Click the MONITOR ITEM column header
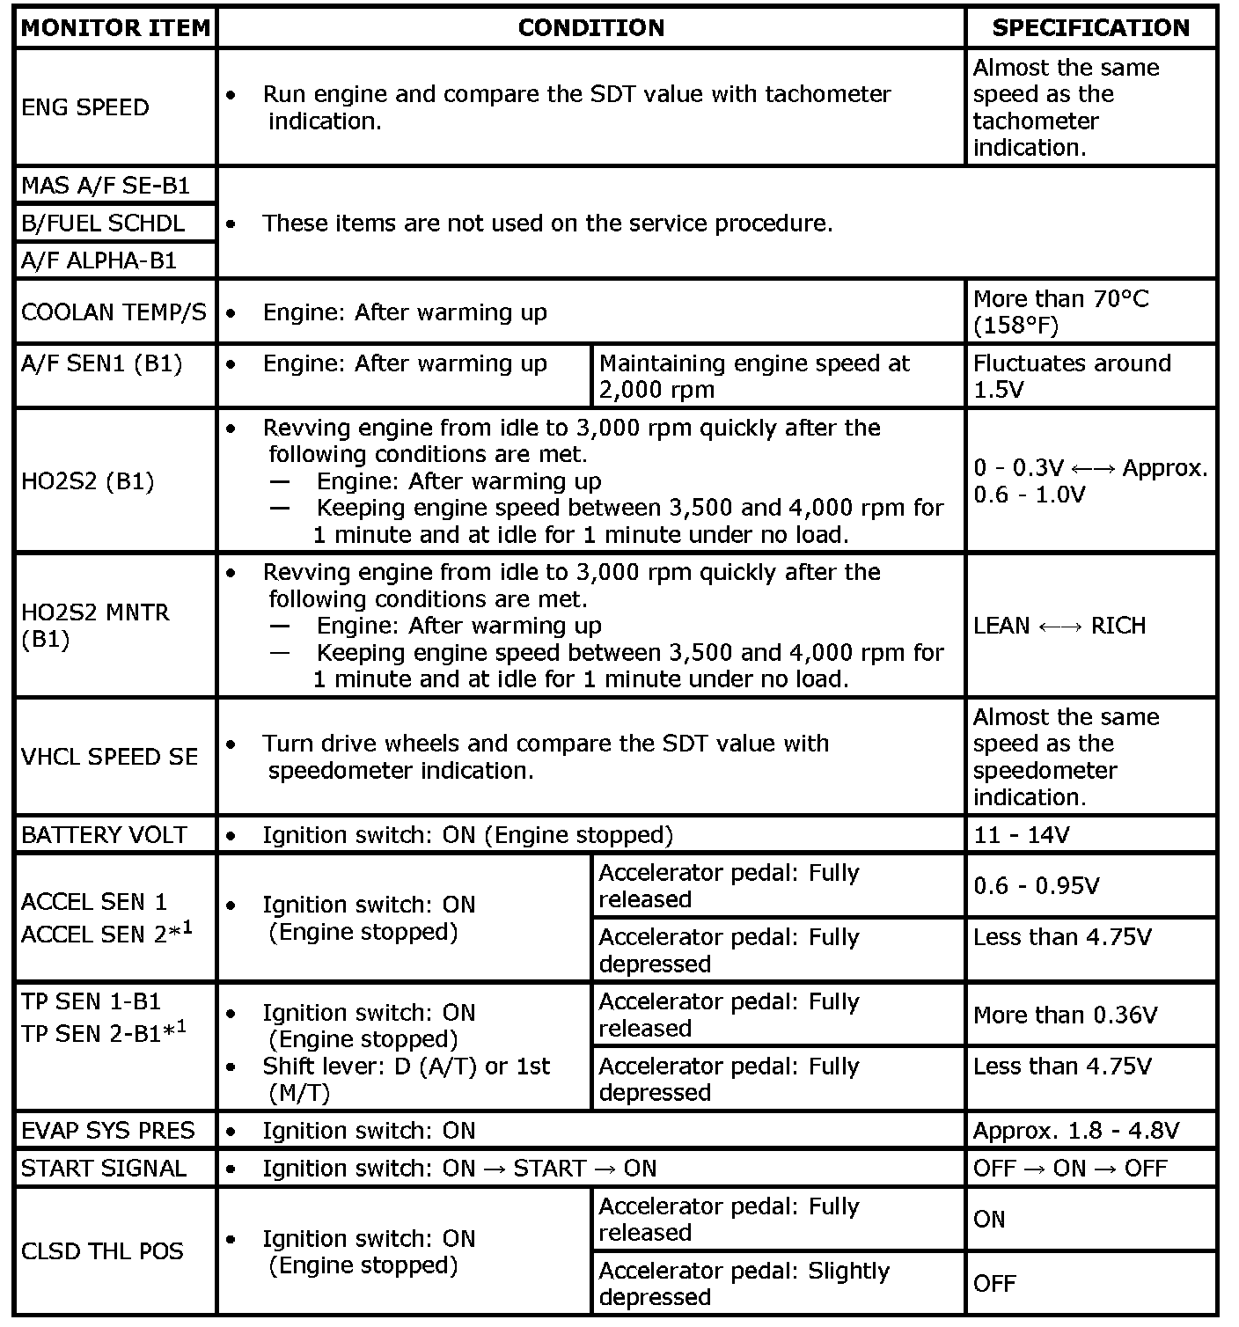tap(116, 28)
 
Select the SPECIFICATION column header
tap(1090, 28)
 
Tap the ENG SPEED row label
tap(85, 107)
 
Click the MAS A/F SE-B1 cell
tap(106, 186)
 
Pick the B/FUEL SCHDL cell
tap(103, 224)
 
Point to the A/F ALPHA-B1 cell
tap(99, 260)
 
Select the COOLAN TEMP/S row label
tap(114, 312)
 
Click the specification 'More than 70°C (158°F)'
tap(1060, 312)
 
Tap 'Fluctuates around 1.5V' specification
tap(1072, 377)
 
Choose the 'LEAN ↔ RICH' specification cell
tap(1059, 626)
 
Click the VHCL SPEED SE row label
tap(110, 757)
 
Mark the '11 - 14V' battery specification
tap(1021, 835)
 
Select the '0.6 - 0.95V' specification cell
tap(1036, 886)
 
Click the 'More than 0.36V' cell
tap(1065, 1015)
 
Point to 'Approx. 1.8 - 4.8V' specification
tap(1076, 1131)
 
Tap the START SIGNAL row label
tap(104, 1169)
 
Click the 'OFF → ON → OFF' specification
tap(1070, 1169)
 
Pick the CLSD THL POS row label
tap(102, 1251)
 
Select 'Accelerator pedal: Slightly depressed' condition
tap(744, 1284)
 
